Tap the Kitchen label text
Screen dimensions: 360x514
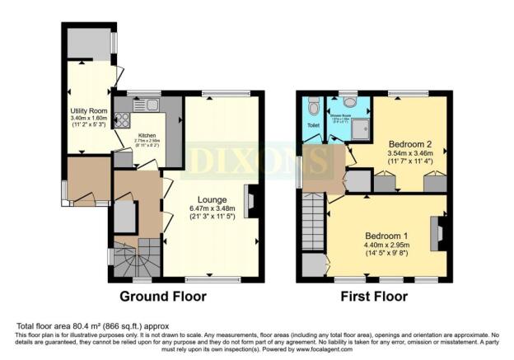[147, 135]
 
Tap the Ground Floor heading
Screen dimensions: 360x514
[163, 296]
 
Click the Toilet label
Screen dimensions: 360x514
[313, 126]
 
